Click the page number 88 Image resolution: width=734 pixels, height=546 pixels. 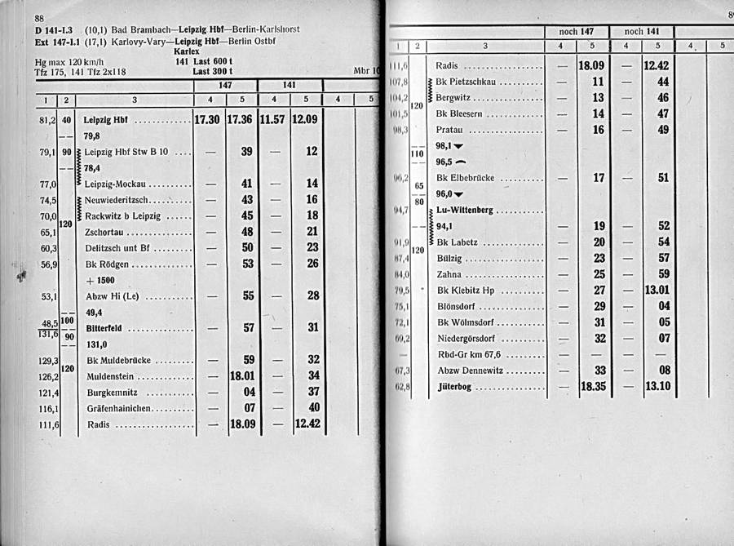39,19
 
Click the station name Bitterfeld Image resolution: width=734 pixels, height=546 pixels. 103,328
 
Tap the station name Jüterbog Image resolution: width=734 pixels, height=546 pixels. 455,386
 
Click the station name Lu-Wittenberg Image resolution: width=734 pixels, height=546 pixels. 465,210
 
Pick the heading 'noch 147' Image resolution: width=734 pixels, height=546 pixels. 576,32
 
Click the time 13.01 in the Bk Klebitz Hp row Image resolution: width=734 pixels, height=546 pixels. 657,290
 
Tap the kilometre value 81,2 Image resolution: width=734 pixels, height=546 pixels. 46,120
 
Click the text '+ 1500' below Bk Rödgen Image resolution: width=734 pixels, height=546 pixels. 101,280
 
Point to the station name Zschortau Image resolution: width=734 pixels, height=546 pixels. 104,232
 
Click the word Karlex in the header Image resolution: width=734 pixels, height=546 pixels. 187,51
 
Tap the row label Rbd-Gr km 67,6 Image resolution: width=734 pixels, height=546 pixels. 469,354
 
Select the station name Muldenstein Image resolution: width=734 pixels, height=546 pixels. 109,376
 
